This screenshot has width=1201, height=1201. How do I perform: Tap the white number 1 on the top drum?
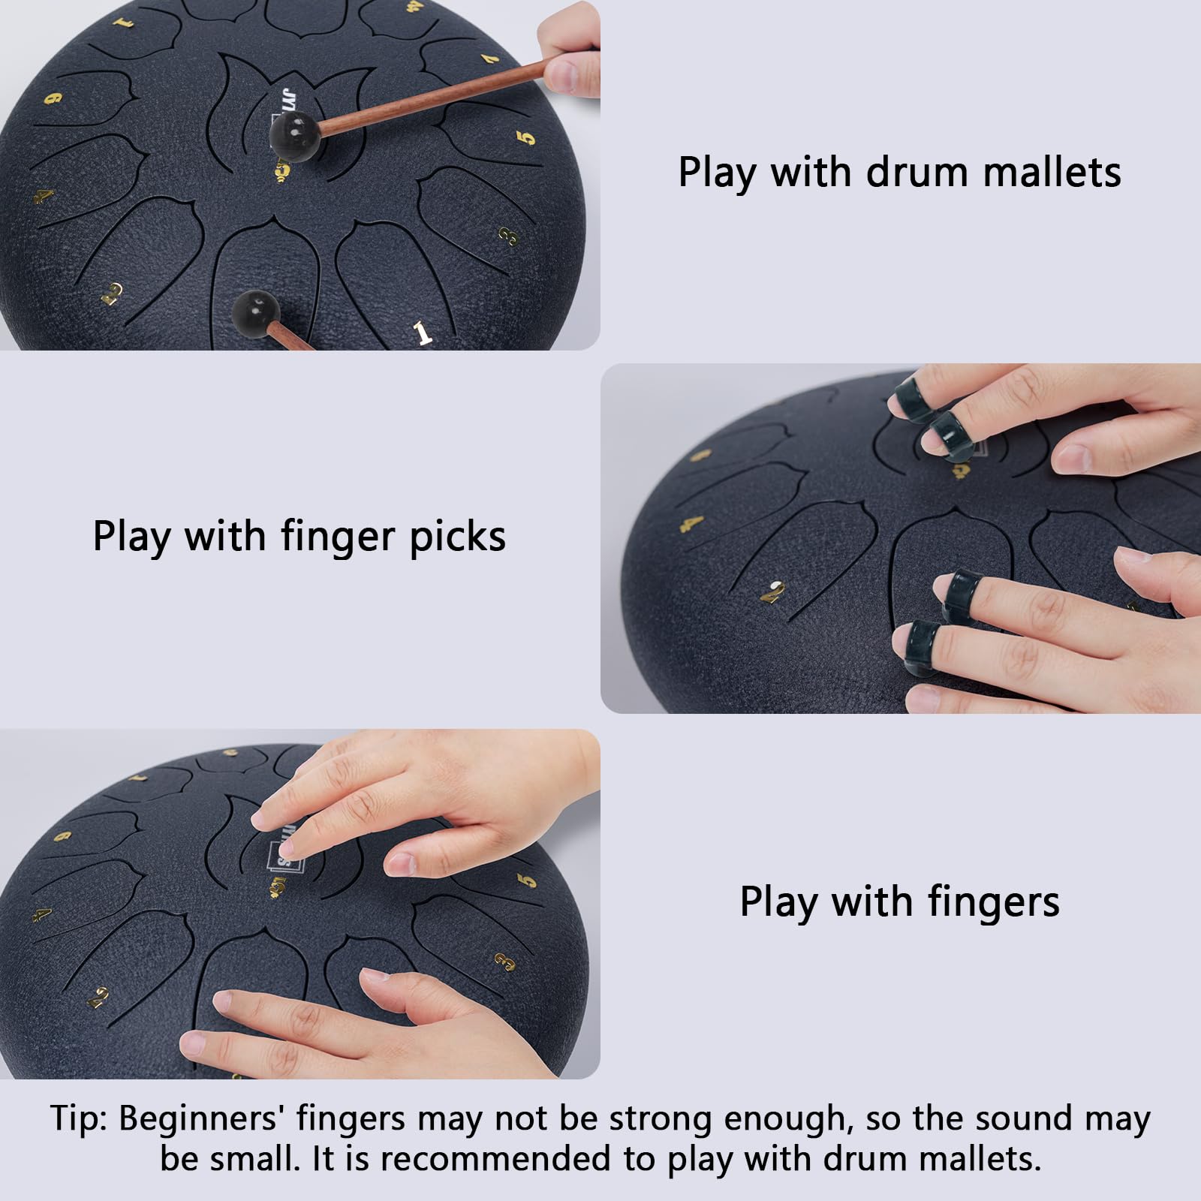click(x=423, y=333)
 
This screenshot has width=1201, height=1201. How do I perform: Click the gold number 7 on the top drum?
click(x=490, y=58)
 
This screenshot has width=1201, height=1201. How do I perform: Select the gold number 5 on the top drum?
click(x=526, y=137)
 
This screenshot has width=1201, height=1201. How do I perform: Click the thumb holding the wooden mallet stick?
click(x=570, y=74)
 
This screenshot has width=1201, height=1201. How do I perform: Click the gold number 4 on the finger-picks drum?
click(x=693, y=522)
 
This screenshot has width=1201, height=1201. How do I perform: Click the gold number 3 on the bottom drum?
click(x=505, y=962)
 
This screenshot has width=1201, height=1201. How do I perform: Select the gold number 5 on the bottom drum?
click(x=528, y=880)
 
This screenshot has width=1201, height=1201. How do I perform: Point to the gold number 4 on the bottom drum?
click(x=42, y=914)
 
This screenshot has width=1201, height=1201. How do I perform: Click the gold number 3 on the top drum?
click(x=508, y=237)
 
